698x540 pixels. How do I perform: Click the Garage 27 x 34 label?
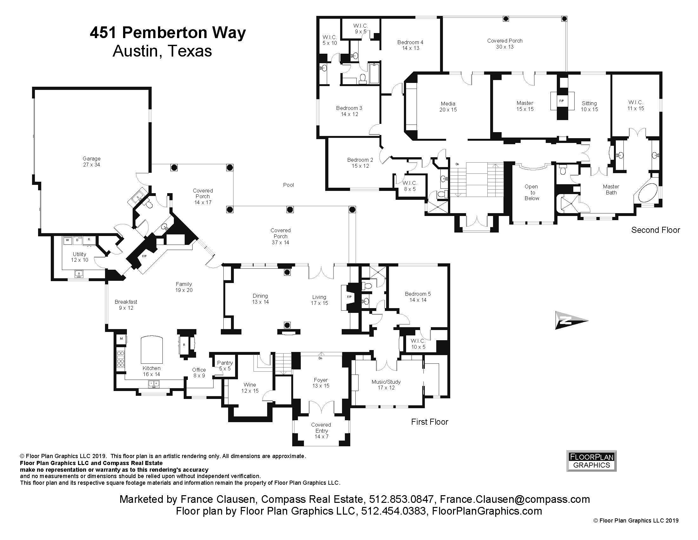[91, 162]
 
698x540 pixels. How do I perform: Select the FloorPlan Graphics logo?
[591, 461]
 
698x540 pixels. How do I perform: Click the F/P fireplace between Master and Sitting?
[562, 101]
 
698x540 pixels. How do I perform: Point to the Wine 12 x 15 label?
[250, 388]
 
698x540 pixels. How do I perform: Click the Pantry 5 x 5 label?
[225, 366]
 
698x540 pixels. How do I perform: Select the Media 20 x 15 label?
[448, 106]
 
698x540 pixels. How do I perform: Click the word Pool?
[288, 185]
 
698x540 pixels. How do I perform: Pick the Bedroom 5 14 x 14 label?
[418, 297]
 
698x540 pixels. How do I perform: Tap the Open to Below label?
[531, 192]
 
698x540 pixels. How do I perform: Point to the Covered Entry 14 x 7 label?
[321, 431]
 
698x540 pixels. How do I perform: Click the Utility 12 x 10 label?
[79, 257]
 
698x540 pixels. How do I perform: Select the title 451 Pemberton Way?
[168, 33]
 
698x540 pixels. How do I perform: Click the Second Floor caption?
[655, 230]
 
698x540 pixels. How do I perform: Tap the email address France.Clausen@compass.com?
[515, 499]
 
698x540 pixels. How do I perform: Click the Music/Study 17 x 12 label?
[386, 385]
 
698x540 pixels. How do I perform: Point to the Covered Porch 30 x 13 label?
[505, 44]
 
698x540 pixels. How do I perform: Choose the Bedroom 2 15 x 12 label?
[360, 163]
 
